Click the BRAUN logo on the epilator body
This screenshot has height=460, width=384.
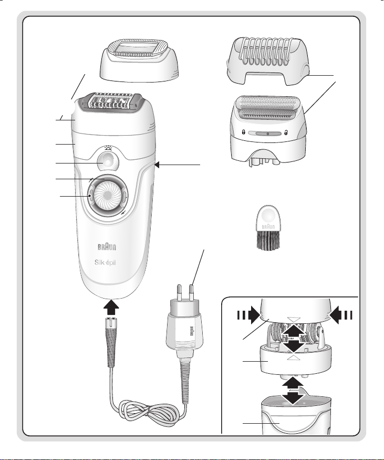[x=107, y=247]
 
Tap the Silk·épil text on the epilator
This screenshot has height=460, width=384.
[x=105, y=262]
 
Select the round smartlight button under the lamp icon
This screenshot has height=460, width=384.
[x=108, y=161]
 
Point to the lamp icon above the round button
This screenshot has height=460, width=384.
[x=108, y=148]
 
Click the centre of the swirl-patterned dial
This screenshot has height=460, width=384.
[x=108, y=196]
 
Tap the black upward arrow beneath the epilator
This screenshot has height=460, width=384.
[x=111, y=308]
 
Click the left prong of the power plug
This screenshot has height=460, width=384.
[x=178, y=293]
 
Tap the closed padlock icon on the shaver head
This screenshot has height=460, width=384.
[x=243, y=133]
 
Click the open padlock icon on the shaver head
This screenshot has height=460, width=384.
[x=286, y=134]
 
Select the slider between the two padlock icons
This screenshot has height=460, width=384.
[x=264, y=134]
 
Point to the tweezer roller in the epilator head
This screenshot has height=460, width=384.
[x=111, y=103]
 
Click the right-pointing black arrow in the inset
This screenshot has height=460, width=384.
[x=248, y=315]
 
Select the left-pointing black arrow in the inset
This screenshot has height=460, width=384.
[x=341, y=315]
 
